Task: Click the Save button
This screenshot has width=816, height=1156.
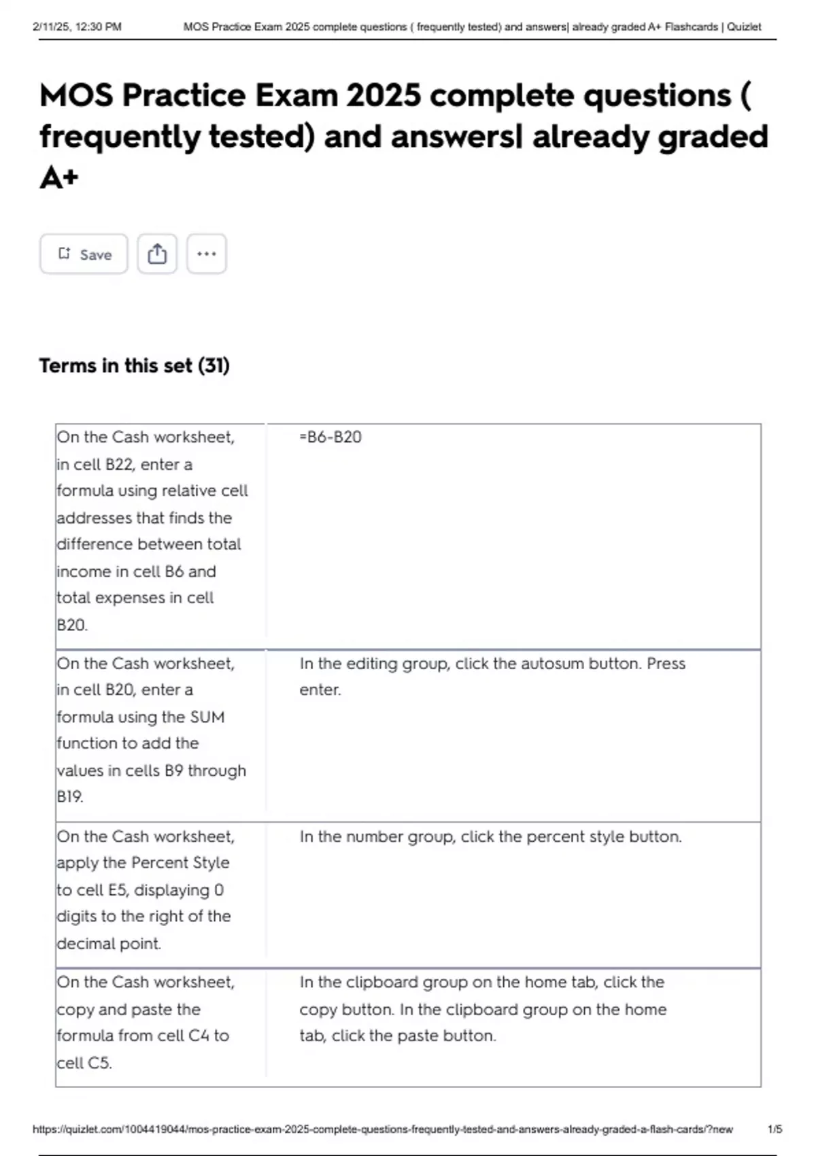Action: click(x=84, y=254)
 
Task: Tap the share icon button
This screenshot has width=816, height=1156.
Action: click(x=157, y=254)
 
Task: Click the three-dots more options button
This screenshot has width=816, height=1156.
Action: click(x=206, y=254)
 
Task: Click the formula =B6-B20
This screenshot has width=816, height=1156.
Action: click(x=330, y=437)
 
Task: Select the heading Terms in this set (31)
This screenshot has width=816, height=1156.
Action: click(x=134, y=366)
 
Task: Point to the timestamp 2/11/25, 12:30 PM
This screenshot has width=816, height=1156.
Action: click(x=77, y=27)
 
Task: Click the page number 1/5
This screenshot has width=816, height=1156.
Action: click(x=775, y=1129)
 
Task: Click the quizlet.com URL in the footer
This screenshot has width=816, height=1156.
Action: click(x=382, y=1129)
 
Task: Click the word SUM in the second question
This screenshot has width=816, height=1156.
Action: click(x=207, y=717)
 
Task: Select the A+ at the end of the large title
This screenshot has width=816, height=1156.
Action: click(x=59, y=178)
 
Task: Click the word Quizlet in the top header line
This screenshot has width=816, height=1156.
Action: click(x=744, y=27)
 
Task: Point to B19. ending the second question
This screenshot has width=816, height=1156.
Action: click(x=70, y=796)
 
